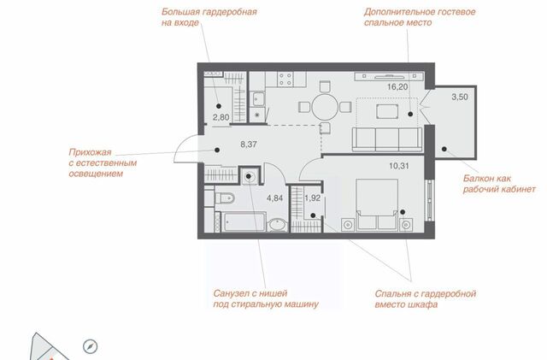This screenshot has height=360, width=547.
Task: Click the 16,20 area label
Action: pyautogui.click(x=397, y=87)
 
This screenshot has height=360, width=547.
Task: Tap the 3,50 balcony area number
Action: pyautogui.click(x=460, y=97)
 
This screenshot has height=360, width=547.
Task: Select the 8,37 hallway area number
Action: pyautogui.click(x=249, y=145)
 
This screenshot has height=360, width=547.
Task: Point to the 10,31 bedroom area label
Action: pyautogui.click(x=399, y=166)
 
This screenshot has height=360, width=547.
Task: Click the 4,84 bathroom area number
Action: pyautogui.click(x=275, y=198)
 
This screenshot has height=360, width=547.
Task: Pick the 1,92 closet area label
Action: pyautogui.click(x=313, y=198)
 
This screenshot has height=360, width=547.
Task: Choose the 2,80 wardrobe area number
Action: pyautogui.click(x=221, y=117)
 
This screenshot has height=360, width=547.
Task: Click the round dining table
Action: pyautogui.click(x=325, y=107)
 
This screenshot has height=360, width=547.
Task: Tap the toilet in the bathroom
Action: pyautogui.click(x=225, y=198)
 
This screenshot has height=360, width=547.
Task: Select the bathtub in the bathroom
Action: pyautogui.click(x=244, y=221)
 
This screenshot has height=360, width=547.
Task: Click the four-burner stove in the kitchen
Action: pyautogui.click(x=285, y=80)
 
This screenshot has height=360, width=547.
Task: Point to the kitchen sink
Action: pyautogui.click(x=258, y=99)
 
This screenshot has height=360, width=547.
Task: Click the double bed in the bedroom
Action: pyautogui.click(x=377, y=204)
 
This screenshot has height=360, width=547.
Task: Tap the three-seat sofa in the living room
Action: pyautogui.click(x=387, y=139)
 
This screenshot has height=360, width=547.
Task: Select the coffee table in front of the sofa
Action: pyautogui.click(x=387, y=112)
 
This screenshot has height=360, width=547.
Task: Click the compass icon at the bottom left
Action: pyautogui.click(x=91, y=346)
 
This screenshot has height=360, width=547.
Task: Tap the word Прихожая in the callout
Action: pyautogui.click(x=90, y=152)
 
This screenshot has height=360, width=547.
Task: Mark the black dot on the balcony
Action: pyautogui.click(x=444, y=149)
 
